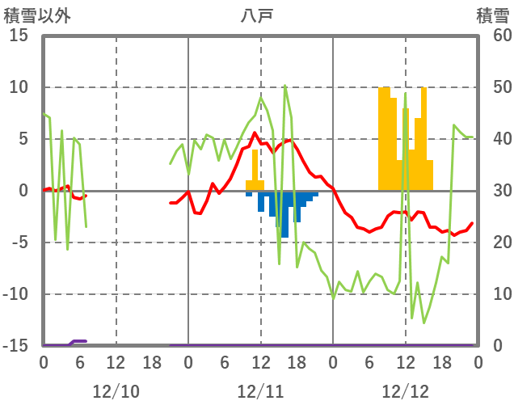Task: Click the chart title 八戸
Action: coord(257,15)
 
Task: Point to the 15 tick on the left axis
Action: coord(19,36)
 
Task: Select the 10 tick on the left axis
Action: coord(19,87)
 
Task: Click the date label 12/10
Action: coord(116,391)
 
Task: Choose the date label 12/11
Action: coord(260,391)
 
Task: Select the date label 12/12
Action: coord(405,391)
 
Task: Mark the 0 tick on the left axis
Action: coord(23,191)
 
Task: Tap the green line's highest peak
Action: coord(285,86)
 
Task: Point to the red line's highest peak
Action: coord(255,133)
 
